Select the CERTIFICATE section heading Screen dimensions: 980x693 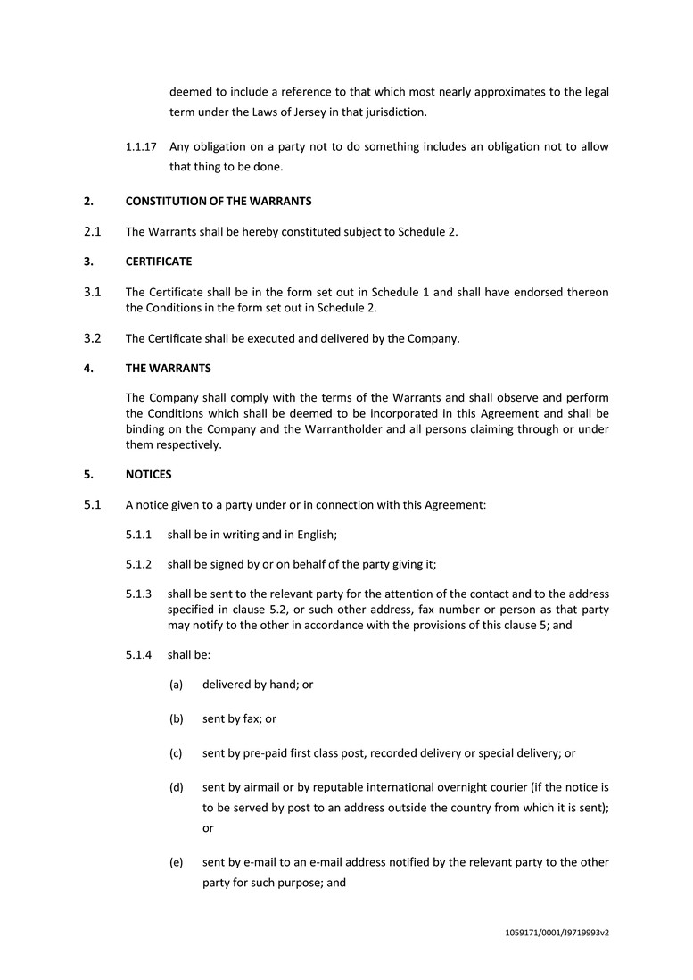click(x=158, y=262)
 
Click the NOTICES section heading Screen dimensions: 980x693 click(x=148, y=474)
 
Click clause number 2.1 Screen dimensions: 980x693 click(x=92, y=231)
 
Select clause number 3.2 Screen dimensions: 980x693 click(x=92, y=337)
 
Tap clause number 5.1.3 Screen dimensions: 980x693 click(x=139, y=594)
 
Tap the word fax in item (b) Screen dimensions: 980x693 click(x=252, y=718)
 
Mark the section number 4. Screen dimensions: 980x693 click(x=87, y=367)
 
